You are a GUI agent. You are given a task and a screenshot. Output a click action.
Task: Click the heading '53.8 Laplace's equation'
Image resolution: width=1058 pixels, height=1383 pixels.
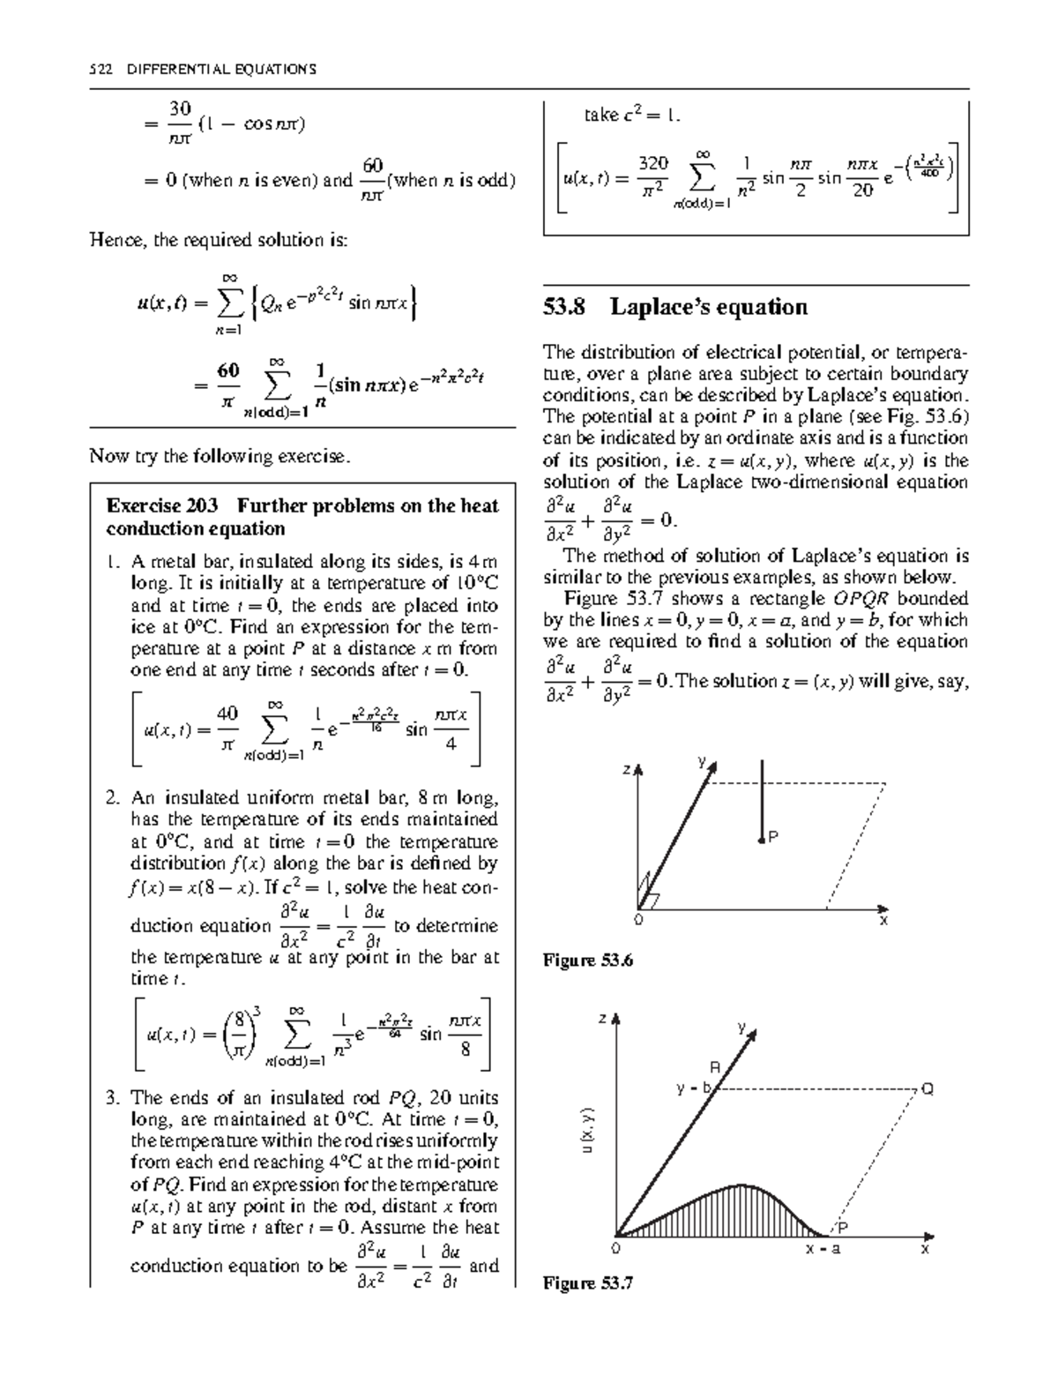[675, 307]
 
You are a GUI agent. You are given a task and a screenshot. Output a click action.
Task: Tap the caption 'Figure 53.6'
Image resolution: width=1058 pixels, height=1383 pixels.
[588, 961]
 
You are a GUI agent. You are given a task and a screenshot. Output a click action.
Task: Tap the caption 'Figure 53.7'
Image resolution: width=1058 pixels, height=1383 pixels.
[588, 1283]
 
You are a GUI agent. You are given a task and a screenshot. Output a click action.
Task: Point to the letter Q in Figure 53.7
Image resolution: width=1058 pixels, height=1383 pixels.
[927, 1089]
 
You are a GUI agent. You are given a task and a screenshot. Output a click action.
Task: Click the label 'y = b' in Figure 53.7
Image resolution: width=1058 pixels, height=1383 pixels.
[693, 1088]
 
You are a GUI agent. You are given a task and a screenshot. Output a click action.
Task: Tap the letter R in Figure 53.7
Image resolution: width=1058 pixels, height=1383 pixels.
[715, 1068]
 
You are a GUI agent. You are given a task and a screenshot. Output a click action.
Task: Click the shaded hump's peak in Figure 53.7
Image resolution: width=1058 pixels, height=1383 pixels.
[742, 1185]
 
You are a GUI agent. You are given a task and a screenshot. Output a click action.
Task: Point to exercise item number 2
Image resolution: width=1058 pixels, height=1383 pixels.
[112, 799]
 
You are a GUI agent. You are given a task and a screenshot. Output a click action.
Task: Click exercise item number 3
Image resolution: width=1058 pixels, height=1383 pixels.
[112, 1099]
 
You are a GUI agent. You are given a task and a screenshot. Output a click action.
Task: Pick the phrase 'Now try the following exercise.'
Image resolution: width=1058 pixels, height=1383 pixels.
[220, 457]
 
